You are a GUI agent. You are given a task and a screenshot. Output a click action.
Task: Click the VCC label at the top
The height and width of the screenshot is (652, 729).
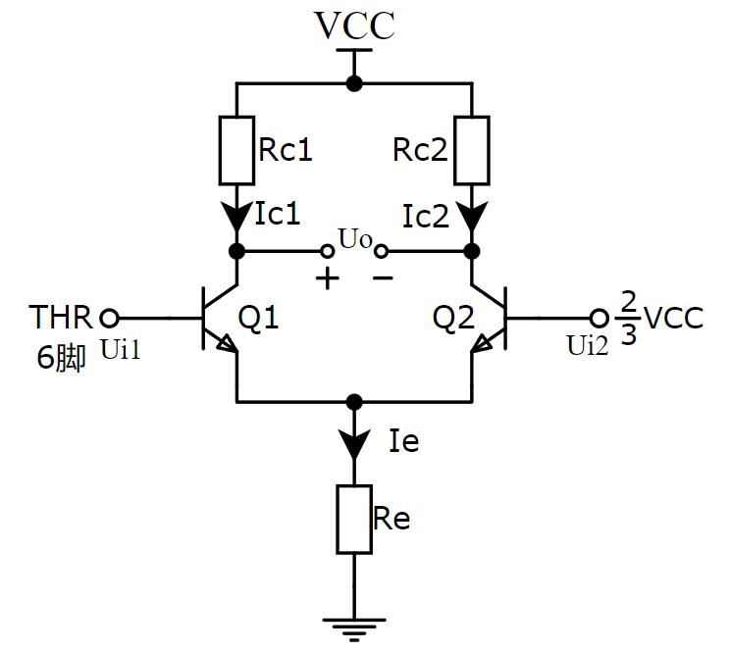[354, 26]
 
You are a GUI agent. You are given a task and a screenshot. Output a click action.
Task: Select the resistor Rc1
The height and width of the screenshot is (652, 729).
[236, 150]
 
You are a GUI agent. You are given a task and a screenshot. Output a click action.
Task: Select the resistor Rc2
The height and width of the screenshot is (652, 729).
[472, 150]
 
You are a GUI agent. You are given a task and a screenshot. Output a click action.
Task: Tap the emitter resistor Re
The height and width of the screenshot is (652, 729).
[354, 519]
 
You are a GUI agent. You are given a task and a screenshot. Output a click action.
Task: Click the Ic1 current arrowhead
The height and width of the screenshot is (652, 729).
[236, 215]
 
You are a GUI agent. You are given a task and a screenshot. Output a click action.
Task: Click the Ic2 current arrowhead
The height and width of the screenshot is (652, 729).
[472, 215]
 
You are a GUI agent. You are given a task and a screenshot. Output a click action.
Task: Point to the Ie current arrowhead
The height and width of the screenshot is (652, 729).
[354, 446]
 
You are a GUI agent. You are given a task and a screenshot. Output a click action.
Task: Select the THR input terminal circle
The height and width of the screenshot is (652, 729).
[110, 318]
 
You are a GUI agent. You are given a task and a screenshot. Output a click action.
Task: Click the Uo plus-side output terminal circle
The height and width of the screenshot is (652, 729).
[328, 251]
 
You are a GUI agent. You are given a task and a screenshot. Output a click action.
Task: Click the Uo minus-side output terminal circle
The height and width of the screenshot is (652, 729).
[382, 251]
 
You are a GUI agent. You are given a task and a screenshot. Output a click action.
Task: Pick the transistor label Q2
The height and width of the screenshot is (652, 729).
[454, 319]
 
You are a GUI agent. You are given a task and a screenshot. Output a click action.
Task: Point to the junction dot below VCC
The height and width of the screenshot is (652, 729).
[354, 84]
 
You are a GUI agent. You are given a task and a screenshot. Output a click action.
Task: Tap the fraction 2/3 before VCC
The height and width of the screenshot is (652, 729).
[629, 318]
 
